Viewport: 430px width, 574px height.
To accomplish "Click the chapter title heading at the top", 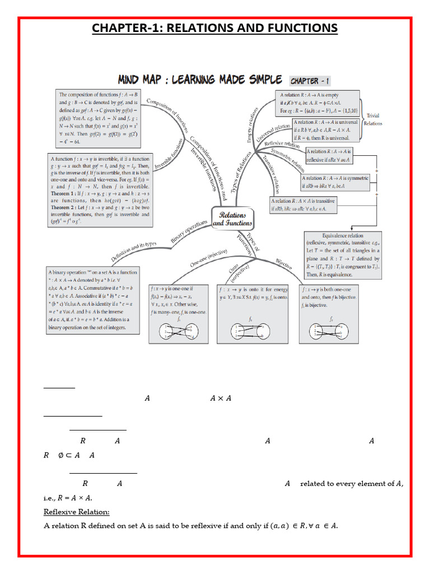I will pyautogui.click(x=214, y=28).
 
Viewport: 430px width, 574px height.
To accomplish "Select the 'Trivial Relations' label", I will pyautogui.click(x=373, y=119).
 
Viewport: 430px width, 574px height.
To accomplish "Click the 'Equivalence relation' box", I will pyautogui.click(x=343, y=255).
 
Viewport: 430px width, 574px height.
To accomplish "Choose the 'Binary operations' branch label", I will pyautogui.click(x=189, y=232).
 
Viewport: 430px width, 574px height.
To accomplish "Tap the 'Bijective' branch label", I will pyautogui.click(x=284, y=263).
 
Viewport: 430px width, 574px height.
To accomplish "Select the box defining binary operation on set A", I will pyautogui.click(x=92, y=300).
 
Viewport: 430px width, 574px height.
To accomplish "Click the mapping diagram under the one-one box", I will pyautogui.click(x=179, y=331).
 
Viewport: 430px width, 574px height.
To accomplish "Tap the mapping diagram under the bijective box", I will pyautogui.click(x=331, y=332).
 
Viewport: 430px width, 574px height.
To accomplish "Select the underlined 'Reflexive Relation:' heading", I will pyautogui.click(x=77, y=512).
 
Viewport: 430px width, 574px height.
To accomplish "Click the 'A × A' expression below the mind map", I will pyautogui.click(x=221, y=398).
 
